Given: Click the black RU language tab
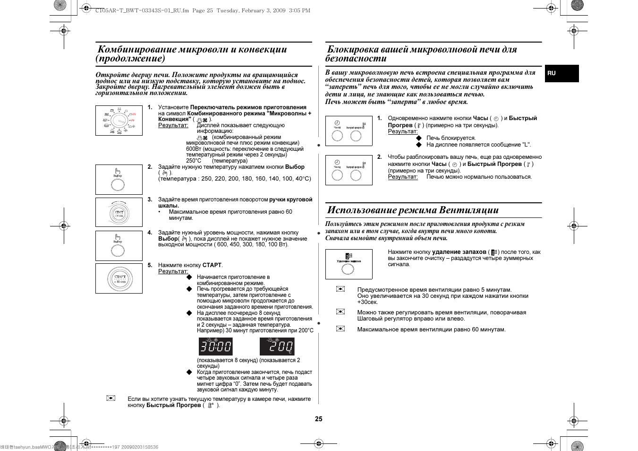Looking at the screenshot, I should click(x=561, y=73).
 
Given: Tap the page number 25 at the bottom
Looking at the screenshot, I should click(x=319, y=419).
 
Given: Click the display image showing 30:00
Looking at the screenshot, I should click(x=215, y=347).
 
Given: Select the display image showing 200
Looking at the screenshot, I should click(x=277, y=347).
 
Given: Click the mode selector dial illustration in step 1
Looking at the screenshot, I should click(x=119, y=121).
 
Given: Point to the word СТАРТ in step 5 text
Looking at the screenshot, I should click(x=212, y=265).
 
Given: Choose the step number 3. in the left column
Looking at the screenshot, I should click(x=150, y=199).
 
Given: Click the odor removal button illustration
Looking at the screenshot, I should click(x=349, y=264).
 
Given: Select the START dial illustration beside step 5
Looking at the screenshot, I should click(x=119, y=278).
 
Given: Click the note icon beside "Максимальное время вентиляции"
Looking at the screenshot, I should click(x=340, y=329).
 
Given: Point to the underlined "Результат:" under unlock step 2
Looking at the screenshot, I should click(x=403, y=177).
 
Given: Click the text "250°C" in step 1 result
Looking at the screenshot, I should click(x=194, y=161).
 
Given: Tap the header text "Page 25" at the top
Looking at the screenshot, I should click(x=202, y=10).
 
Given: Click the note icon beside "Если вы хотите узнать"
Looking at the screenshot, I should click(x=111, y=398).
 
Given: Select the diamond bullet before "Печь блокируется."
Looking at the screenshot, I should click(x=418, y=138).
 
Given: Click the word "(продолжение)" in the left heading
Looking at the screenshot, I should click(x=130, y=59).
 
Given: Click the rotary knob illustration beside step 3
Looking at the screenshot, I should click(x=119, y=213).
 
